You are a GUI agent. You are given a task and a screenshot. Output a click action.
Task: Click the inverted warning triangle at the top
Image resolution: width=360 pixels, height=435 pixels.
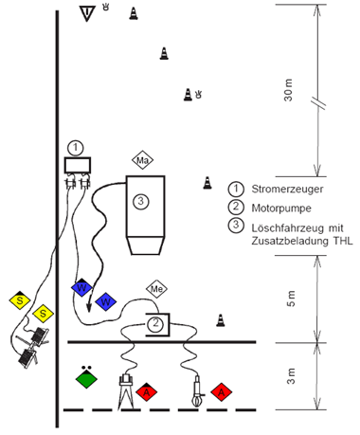point(87,13)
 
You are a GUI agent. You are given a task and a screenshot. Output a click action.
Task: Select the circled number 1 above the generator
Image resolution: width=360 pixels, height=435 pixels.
point(75,148)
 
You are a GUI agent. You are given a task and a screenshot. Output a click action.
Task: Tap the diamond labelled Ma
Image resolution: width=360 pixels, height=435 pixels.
point(142,160)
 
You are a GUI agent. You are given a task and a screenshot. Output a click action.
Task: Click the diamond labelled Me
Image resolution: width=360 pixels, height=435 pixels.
point(156,289)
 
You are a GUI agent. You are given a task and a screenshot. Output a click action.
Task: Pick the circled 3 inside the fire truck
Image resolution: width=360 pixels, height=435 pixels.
point(141,201)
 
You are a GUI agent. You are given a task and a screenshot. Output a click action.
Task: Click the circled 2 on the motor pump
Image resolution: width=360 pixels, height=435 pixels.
point(155,323)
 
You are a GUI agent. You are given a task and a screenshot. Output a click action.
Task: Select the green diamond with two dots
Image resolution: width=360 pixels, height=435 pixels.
point(86,378)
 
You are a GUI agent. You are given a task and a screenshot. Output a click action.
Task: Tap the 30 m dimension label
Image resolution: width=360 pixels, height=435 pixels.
point(288,90)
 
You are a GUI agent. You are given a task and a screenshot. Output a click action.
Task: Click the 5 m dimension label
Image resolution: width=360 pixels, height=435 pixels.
point(291,299)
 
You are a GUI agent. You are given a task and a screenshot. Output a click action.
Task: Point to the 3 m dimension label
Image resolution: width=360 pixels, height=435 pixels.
point(291,376)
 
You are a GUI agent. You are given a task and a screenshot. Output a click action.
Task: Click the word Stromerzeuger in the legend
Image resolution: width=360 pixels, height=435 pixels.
point(287,189)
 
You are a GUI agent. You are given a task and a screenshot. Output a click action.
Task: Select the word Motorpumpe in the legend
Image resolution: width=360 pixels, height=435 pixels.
point(281,208)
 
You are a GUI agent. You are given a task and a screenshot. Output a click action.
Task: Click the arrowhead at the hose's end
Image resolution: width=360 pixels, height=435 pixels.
point(89,307)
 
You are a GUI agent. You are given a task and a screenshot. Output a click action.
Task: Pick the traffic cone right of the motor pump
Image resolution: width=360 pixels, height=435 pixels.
point(221,320)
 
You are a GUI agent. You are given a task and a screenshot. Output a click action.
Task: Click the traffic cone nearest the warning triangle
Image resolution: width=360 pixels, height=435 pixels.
point(134,13)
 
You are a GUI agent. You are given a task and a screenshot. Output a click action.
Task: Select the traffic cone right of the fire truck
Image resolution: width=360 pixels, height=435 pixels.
point(207,183)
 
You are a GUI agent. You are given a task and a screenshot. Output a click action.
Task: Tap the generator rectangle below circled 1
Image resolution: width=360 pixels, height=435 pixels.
point(78,165)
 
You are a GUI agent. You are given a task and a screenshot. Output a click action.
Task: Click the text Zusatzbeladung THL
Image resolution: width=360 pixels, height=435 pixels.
point(302,241)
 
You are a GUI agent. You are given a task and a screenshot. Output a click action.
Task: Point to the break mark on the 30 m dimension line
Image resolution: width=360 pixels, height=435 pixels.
point(318,103)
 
